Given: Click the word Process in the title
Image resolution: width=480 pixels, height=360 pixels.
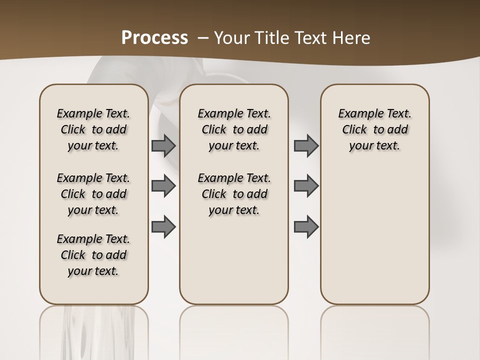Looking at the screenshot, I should pyautogui.click(x=154, y=37).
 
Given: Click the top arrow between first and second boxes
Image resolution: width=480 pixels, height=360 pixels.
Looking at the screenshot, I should pyautogui.click(x=163, y=146).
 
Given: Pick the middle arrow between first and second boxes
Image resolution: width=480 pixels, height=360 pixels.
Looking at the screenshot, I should pyautogui.click(x=163, y=186).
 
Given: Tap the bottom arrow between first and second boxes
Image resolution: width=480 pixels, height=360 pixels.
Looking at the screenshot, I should pyautogui.click(x=163, y=226).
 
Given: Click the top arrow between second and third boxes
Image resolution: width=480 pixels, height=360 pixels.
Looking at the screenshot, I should pyautogui.click(x=306, y=146).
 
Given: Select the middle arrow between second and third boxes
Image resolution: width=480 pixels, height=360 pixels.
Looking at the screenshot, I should pyautogui.click(x=306, y=186).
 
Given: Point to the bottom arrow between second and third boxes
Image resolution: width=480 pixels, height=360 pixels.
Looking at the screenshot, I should pyautogui.click(x=306, y=226).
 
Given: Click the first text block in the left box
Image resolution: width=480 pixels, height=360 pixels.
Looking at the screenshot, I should pyautogui.click(x=93, y=129).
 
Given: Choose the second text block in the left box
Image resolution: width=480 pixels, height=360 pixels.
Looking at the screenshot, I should pyautogui.click(x=93, y=194).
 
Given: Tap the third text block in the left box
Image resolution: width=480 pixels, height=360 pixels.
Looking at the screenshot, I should pyautogui.click(x=93, y=255).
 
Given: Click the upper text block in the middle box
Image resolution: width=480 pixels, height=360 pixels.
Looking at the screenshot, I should pyautogui.click(x=234, y=129).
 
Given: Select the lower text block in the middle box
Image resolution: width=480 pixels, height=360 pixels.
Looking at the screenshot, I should pyautogui.click(x=234, y=194).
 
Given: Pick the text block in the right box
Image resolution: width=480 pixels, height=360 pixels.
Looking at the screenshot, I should pyautogui.click(x=374, y=129).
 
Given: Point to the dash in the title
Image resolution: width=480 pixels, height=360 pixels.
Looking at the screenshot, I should pyautogui.click(x=203, y=38).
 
